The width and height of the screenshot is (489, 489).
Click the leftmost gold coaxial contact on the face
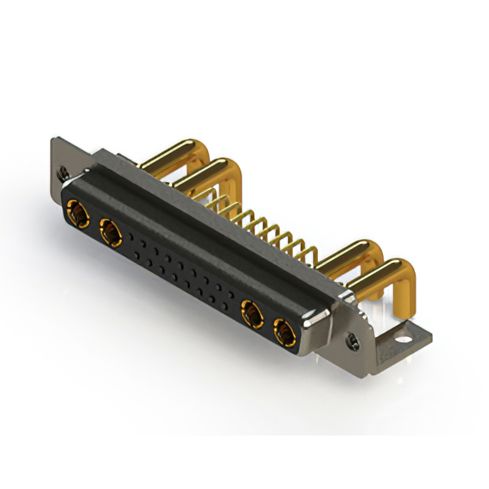tap(76, 212)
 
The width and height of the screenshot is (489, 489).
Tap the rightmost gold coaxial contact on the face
tap(284, 333)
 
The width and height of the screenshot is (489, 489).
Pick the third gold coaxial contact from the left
tap(251, 313)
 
